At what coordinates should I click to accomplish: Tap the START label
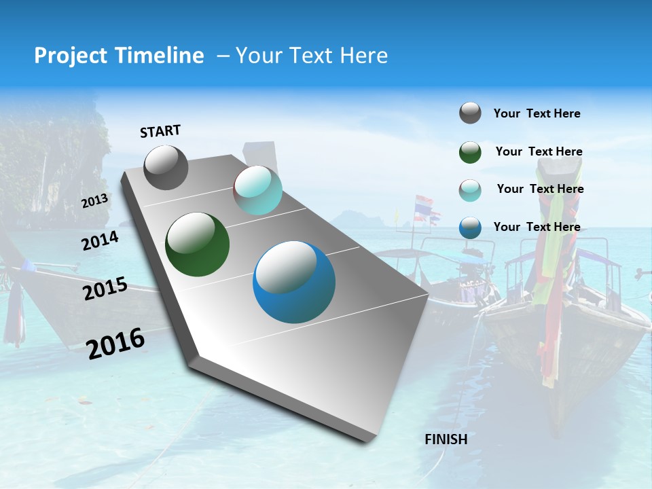point(160,131)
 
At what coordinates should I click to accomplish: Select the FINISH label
point(446,439)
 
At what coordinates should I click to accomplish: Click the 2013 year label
point(95,201)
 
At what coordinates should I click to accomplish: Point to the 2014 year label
point(101,240)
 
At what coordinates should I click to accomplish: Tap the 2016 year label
point(115,344)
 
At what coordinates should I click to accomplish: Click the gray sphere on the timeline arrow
point(166,167)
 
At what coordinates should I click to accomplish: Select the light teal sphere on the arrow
point(257,191)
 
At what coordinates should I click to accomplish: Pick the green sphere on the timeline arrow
point(197,244)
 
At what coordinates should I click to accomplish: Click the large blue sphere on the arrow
point(294,282)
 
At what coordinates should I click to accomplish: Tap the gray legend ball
point(470,113)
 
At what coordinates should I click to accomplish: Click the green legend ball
point(470,152)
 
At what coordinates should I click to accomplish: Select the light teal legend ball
point(470,190)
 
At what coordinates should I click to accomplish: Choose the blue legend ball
point(470,228)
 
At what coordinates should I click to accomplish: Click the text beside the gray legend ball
point(537,113)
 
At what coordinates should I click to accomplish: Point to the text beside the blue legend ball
point(537,227)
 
